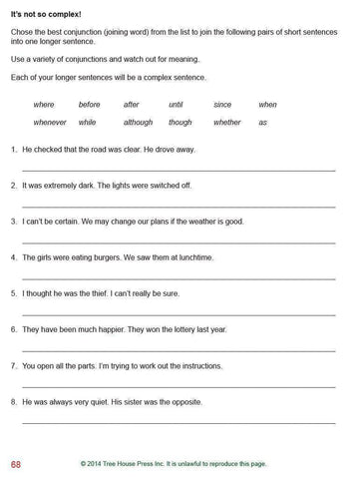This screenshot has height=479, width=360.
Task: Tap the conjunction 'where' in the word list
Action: [x=44, y=105]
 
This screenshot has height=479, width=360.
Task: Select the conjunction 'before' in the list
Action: [x=89, y=105]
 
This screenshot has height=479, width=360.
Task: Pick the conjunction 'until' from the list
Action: [x=176, y=105]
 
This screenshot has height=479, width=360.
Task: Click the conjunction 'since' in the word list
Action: [x=222, y=105]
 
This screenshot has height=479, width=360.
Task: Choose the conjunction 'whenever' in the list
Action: [x=50, y=123]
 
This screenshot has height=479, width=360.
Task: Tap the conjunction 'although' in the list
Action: [x=138, y=123]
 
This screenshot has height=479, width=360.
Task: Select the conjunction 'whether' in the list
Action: [x=227, y=123]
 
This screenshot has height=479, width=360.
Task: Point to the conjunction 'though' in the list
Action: [x=180, y=123]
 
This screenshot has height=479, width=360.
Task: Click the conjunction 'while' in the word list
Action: [x=87, y=123]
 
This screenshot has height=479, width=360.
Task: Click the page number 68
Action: [x=16, y=464]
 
